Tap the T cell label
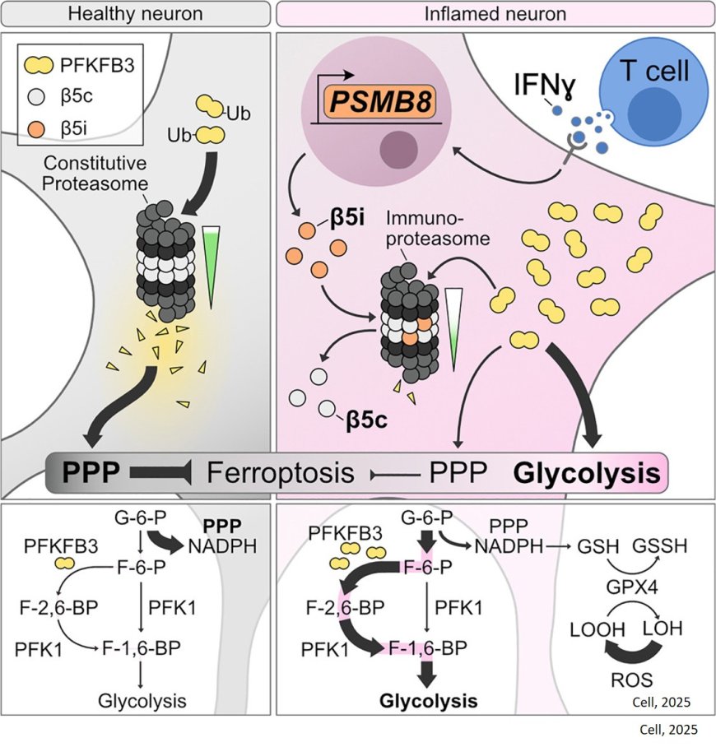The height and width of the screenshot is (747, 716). point(654,71)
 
